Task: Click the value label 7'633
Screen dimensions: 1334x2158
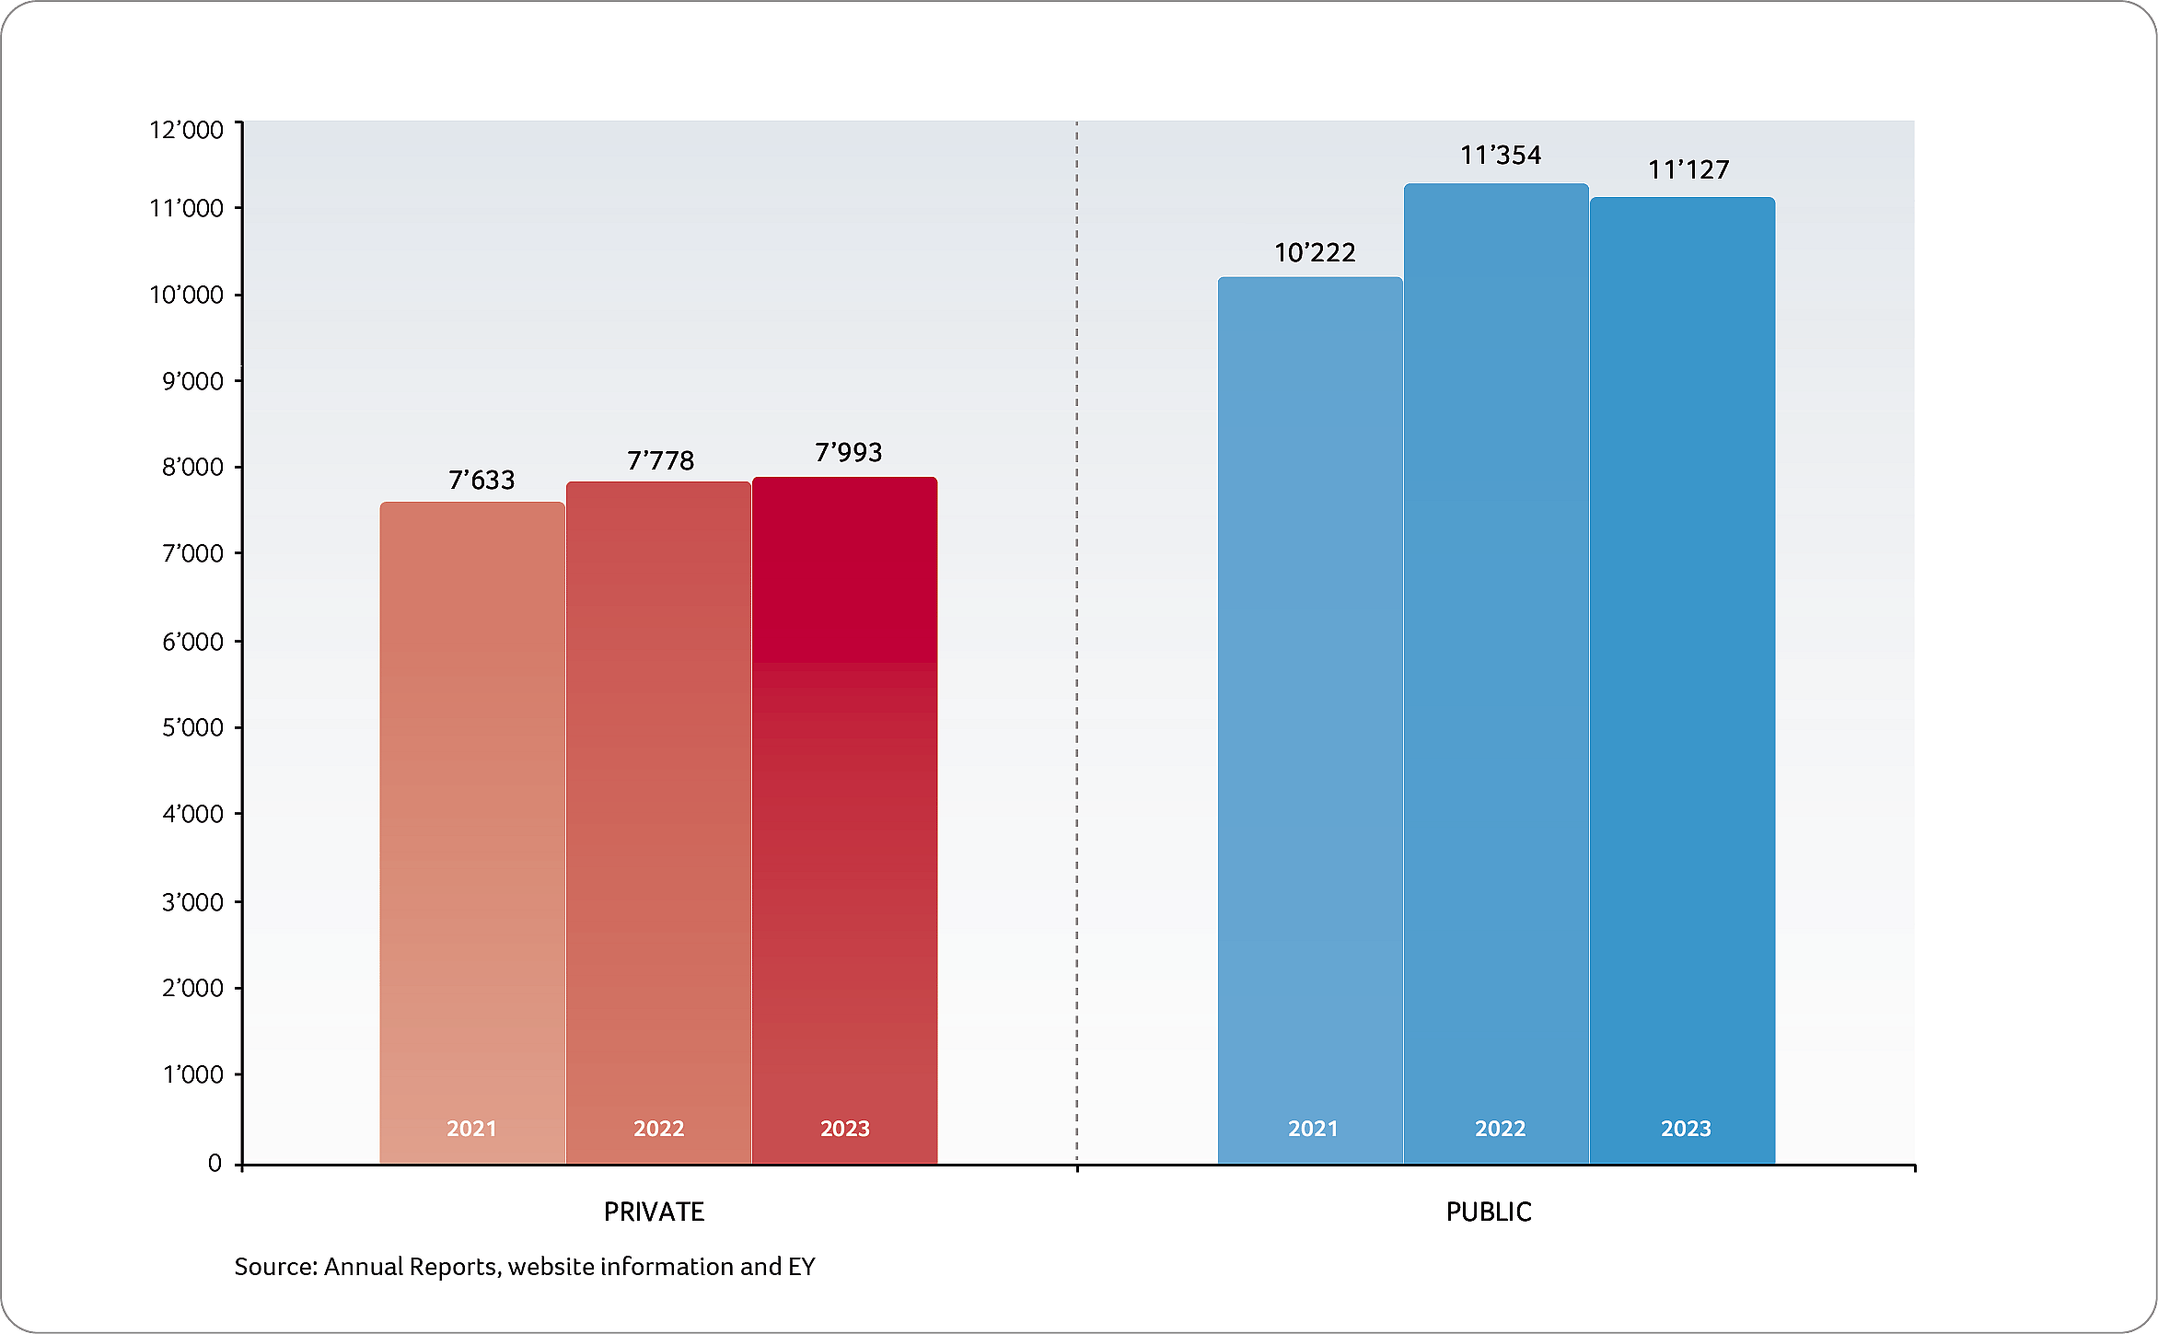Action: pos(481,481)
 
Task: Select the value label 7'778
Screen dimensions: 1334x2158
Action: pos(660,461)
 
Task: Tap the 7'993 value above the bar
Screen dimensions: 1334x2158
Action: pos(848,453)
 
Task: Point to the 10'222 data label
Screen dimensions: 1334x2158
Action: pos(1315,253)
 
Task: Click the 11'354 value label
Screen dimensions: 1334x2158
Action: pos(1501,156)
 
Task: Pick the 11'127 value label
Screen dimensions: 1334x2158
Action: pos(1688,170)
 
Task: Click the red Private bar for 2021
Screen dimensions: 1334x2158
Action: pos(472,829)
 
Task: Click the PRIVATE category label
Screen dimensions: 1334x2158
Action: pos(654,1212)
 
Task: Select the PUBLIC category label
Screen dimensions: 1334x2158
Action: pos(1489,1212)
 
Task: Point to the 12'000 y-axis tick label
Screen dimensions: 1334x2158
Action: pos(186,130)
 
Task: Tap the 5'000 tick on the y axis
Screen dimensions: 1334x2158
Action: pos(192,728)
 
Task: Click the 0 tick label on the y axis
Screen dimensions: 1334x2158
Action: pos(215,1164)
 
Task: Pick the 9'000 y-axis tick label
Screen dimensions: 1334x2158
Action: pos(192,381)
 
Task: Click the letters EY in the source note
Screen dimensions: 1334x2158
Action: pos(801,1267)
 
